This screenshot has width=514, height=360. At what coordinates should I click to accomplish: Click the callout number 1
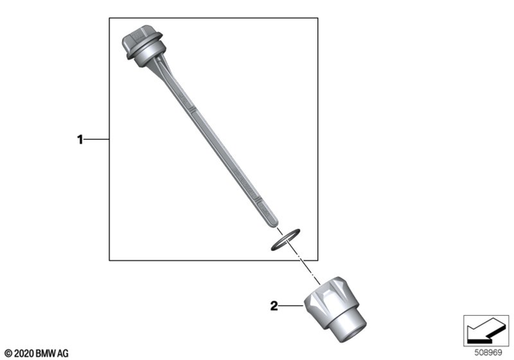(x=80, y=140)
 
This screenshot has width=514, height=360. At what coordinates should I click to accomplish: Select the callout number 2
(x=273, y=306)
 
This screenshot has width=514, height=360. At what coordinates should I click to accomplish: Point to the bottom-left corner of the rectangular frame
(x=109, y=260)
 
